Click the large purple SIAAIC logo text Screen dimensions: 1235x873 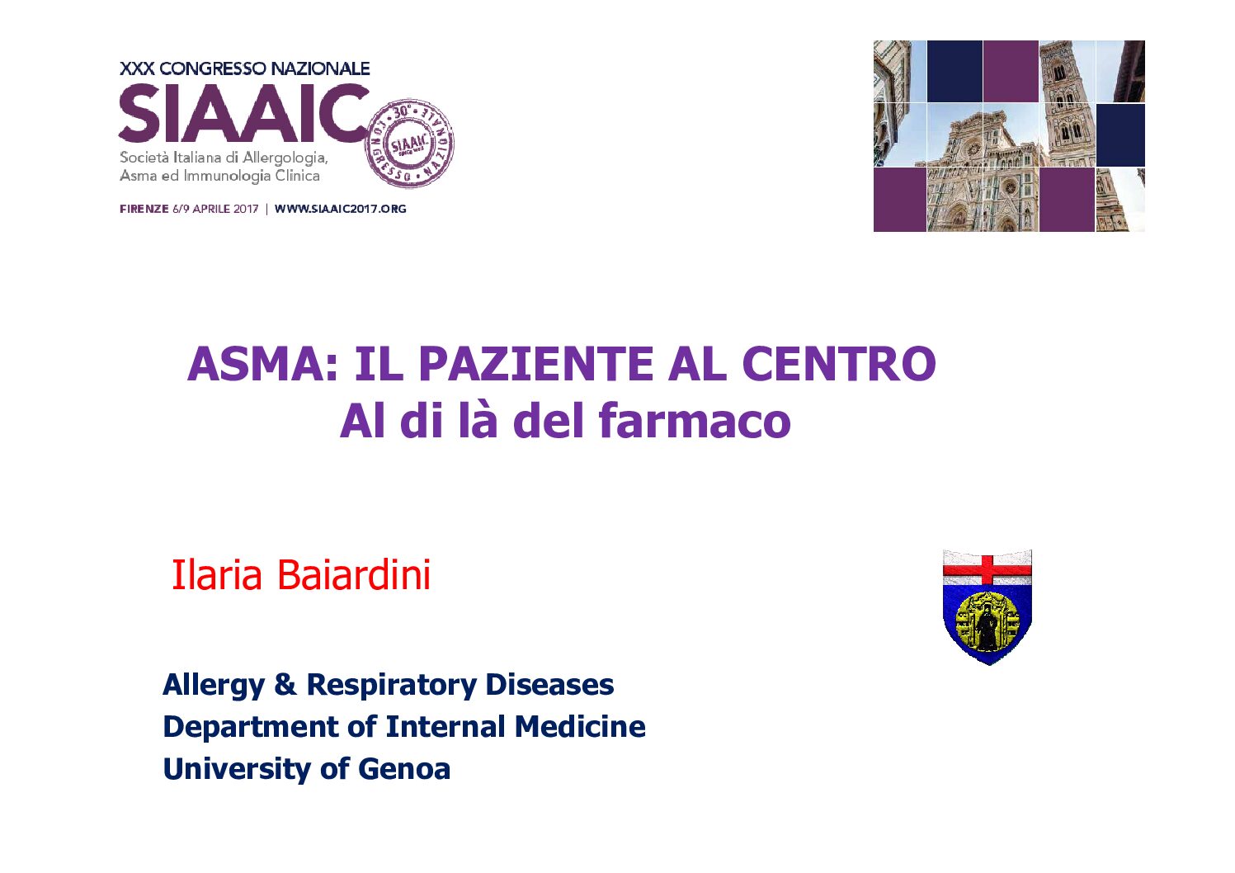point(243,113)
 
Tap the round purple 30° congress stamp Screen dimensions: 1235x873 point(410,144)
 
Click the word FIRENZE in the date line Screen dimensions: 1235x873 point(144,209)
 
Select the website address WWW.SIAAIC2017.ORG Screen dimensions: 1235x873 point(340,209)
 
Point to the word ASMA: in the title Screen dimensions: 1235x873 point(262,364)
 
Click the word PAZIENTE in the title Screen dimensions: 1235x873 point(536,364)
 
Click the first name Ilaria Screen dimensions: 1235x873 point(217,574)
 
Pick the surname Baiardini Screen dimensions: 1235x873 point(353,574)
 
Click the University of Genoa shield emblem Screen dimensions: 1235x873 point(987,606)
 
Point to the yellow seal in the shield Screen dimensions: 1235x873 point(987,621)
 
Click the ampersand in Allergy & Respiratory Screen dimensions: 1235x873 point(285,684)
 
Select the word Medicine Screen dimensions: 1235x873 point(580,726)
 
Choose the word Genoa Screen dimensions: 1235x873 point(404,769)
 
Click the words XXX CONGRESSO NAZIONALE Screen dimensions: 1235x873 point(245,69)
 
